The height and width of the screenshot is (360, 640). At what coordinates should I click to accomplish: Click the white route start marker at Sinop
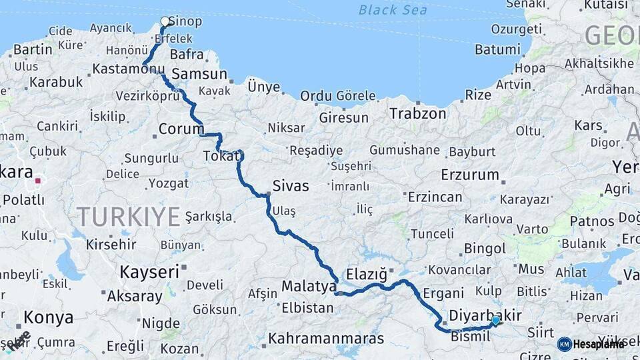[165, 21]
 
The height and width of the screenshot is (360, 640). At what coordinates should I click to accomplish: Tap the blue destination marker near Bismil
[495, 321]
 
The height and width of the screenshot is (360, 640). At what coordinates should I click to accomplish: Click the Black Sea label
[393, 9]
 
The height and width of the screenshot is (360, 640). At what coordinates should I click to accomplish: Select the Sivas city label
[291, 186]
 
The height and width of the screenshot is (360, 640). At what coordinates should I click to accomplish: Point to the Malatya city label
[308, 286]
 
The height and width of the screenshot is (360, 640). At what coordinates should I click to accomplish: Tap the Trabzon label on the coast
[417, 113]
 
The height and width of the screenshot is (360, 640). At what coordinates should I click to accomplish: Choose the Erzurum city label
[469, 175]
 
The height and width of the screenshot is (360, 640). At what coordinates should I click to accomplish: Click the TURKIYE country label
[128, 217]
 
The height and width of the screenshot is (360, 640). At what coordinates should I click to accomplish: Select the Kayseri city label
[149, 271]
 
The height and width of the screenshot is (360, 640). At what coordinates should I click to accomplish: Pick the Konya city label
[49, 317]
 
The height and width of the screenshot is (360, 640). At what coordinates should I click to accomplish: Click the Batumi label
[497, 49]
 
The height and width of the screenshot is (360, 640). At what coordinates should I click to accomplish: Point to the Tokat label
[217, 157]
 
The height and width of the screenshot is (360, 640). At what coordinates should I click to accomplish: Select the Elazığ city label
[367, 274]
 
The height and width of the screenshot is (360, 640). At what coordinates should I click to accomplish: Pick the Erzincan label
[435, 197]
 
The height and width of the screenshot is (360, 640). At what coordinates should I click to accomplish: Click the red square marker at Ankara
[39, 180]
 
